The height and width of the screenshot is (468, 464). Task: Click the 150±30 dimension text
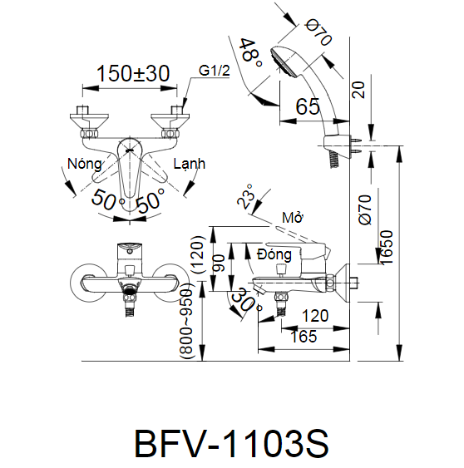[133, 73]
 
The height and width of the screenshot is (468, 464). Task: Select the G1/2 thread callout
[215, 71]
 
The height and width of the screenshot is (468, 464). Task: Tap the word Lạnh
[190, 164]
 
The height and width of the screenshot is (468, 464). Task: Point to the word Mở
[292, 218]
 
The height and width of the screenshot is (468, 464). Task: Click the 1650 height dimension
[386, 247]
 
